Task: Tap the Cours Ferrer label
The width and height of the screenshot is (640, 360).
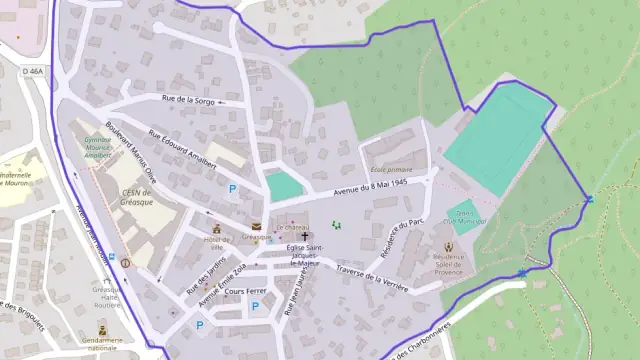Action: pos(245,290)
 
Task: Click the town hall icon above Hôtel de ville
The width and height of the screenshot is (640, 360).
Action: pos(215,228)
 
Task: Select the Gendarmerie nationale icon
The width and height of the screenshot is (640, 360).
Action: pos(101,328)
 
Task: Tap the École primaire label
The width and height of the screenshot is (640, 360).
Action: pos(392,170)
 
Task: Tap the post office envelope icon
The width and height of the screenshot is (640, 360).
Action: pos(256,226)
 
